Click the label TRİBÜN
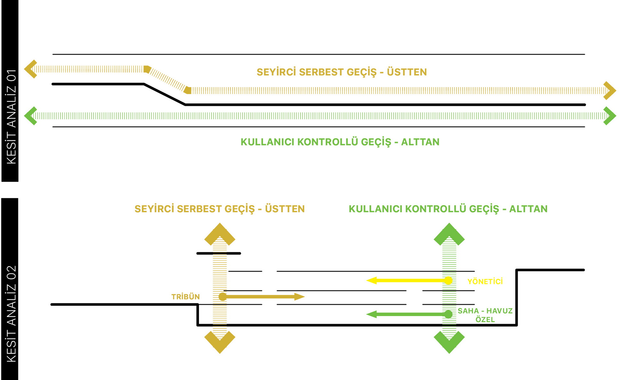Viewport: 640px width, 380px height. pos(185,297)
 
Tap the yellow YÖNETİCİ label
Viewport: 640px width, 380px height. pos(485,281)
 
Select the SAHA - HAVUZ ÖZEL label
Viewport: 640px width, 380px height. pos(485,315)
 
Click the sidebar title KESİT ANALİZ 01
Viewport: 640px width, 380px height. pos(11,117)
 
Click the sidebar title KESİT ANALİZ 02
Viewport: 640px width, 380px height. pos(11,314)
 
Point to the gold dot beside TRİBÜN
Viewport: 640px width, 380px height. pos(223,297)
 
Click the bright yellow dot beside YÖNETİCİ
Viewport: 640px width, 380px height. pos(448,281)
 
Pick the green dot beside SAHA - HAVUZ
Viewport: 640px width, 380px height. pos(448,314)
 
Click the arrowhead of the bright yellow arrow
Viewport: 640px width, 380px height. pos(371,281)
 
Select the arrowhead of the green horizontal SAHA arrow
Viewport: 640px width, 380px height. pos(371,314)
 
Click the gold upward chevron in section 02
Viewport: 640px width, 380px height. pos(220,234)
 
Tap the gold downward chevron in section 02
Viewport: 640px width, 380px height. pos(220,343)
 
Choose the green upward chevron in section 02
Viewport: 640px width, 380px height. pos(449,234)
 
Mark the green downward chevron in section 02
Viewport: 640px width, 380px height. pos(449,343)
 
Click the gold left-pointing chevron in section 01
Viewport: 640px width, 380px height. pos(31,69)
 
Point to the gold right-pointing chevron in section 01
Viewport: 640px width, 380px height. pos(610,91)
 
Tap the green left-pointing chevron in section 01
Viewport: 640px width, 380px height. pos(31,116)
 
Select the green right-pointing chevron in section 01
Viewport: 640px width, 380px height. pos(610,116)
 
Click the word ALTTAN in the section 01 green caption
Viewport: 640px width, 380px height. pos(420,142)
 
